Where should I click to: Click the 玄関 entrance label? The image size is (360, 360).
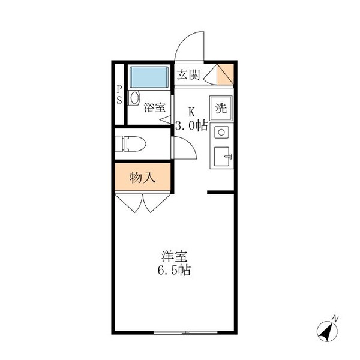coord(188,75)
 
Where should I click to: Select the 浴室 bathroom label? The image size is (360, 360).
coord(154,108)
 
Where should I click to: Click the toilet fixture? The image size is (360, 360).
coord(133,144)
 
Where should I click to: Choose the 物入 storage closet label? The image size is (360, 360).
coord(143,178)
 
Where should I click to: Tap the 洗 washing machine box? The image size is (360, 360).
coord(221,109)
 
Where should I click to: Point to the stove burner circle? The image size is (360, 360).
coord(220,132)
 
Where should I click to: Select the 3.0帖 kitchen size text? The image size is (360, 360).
coord(191,126)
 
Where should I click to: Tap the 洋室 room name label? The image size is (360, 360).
coord(170,255)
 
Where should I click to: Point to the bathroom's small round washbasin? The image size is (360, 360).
coord(134,97)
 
